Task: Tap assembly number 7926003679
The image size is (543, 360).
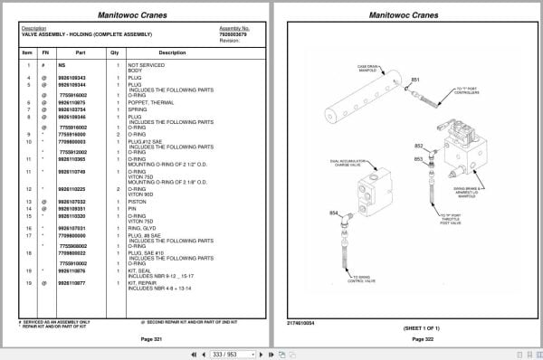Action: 233,34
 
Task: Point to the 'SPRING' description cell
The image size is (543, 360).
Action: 137,109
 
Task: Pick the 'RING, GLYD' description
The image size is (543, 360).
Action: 142,228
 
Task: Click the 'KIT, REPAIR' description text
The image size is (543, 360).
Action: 143,282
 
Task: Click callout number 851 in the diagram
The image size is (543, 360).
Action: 416,81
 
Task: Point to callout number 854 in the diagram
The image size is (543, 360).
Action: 335,213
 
